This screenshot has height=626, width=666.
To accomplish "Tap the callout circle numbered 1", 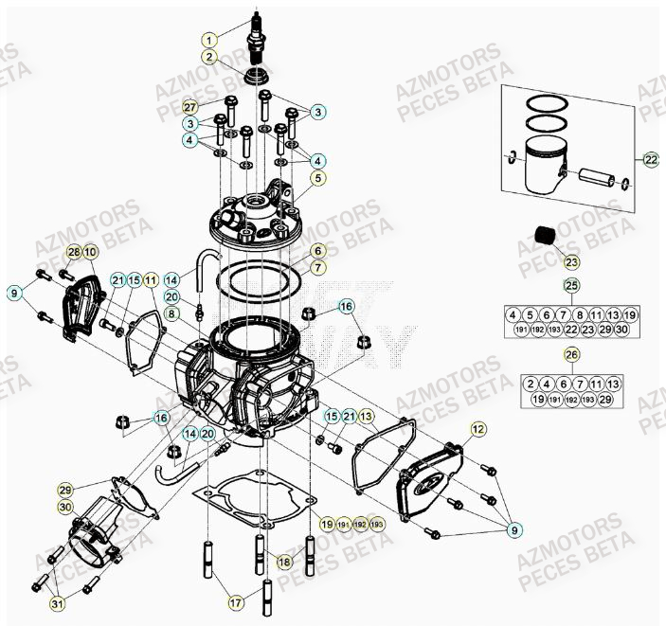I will pos(209,40).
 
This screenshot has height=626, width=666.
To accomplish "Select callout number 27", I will pos(189,106).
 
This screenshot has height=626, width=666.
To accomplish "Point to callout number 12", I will pos(478,430).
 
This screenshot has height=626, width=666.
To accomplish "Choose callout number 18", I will pos(283,563).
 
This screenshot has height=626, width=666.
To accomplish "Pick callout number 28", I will pos(74,252).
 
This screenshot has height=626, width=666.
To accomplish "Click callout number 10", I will pos(90,252).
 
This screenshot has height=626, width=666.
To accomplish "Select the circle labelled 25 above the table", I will pos(570,285).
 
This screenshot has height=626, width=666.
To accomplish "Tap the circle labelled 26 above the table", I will pos(570,355).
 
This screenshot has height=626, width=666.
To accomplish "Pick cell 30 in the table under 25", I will pos(621,330).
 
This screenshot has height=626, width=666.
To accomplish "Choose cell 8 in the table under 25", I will pos(580,314).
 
